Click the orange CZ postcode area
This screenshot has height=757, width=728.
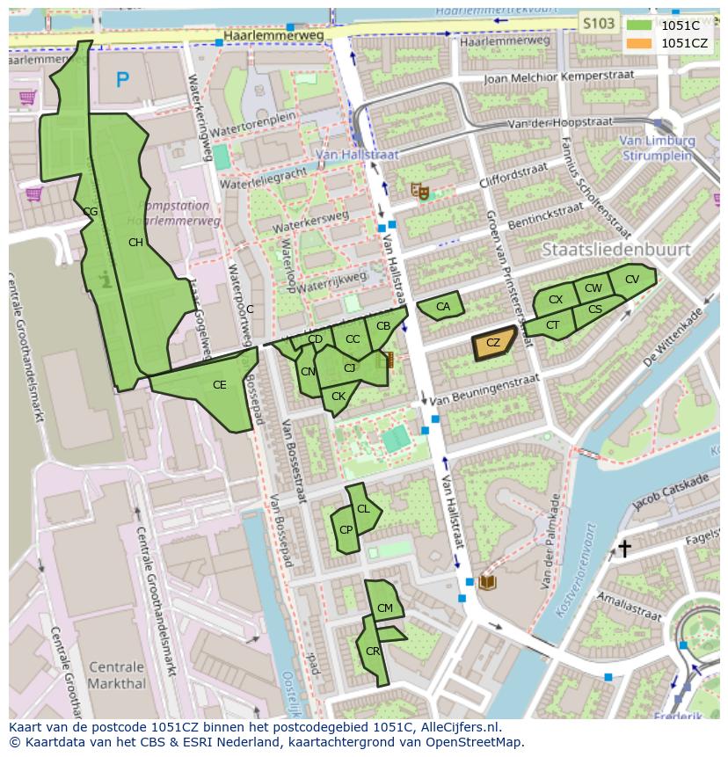(493, 344)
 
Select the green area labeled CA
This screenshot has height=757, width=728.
(440, 306)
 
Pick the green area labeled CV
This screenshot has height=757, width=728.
(632, 280)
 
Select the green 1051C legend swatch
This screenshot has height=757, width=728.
(639, 25)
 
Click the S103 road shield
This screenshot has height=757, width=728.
(599, 24)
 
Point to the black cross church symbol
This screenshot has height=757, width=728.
(624, 549)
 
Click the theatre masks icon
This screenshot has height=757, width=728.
(420, 190)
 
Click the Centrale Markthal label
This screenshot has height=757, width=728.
(117, 674)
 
